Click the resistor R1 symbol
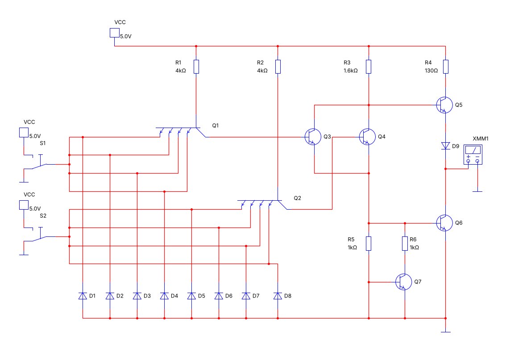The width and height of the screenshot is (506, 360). (196, 66)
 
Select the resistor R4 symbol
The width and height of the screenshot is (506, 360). (446, 66)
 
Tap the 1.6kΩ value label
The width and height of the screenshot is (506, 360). (350, 70)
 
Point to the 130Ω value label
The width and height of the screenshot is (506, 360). (431, 70)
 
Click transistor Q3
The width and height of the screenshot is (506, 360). (313, 137)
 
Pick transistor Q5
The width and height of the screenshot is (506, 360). (444, 105)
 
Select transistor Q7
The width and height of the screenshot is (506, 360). (404, 282)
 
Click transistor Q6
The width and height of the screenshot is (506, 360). (444, 223)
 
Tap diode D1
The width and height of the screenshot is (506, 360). (83, 296)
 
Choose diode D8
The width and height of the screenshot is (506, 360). (278, 296)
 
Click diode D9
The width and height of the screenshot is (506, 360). (446, 146)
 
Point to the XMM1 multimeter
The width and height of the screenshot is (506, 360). (473, 154)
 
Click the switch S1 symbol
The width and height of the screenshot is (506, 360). (39, 165)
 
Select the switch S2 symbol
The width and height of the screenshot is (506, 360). (39, 237)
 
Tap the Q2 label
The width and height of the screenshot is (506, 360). (297, 198)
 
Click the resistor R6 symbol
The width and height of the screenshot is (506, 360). (405, 244)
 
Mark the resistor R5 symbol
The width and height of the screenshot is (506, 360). (369, 244)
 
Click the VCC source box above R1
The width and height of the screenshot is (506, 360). (115, 33)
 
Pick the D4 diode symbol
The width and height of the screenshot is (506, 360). (164, 296)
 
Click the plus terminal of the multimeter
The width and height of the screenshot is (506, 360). (468, 160)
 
